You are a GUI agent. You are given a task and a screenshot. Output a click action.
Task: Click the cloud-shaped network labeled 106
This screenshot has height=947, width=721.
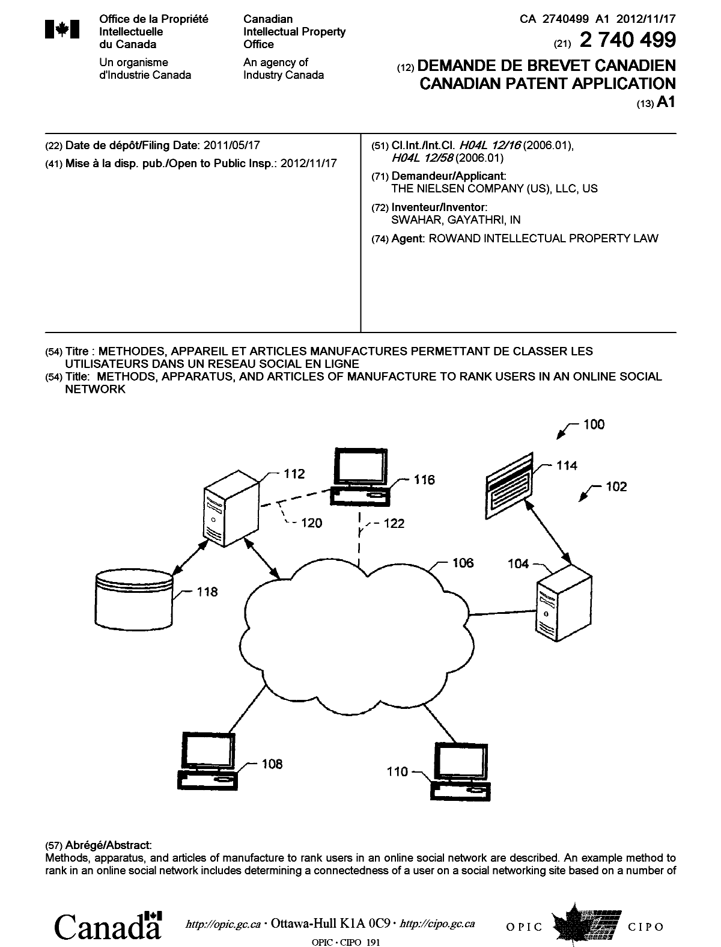coord(354,631)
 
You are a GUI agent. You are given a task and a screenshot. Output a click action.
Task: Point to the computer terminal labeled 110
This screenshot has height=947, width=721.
coord(460,770)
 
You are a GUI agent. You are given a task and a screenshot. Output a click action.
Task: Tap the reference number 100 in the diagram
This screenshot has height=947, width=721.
coord(594,424)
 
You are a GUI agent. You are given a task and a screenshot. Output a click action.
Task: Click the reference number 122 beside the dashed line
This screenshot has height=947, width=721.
coord(394,524)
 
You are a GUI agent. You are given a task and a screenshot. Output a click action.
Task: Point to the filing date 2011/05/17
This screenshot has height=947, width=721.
coord(233,146)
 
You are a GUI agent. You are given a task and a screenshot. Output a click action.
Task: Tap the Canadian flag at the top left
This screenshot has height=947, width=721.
coord(62,29)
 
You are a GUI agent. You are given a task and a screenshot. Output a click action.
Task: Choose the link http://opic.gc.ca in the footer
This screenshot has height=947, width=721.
coord(224,924)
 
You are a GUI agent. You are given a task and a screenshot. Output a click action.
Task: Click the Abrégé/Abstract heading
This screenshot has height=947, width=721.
coord(99,845)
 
